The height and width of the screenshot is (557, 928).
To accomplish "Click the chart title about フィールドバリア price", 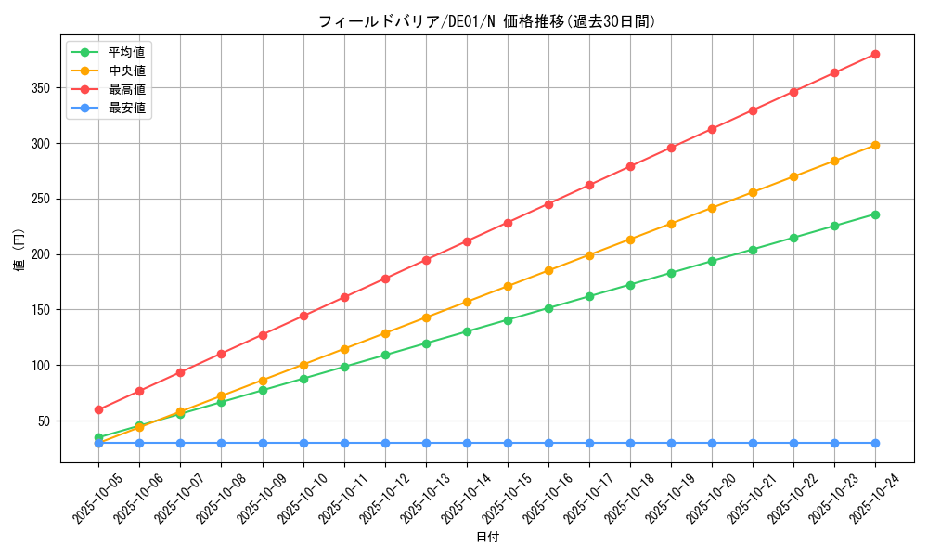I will coord(486,21).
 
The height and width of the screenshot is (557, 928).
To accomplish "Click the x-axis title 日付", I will coord(487,538).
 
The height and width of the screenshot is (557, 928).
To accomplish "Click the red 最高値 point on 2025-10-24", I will coord(875,54).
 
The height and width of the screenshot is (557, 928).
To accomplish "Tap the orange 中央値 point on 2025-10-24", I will coord(875,145).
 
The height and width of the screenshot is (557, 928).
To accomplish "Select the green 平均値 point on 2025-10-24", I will coord(875,214).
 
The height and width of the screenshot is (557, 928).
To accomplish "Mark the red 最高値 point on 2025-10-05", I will coord(98,409).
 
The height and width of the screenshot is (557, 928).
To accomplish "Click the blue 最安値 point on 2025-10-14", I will coord(467,443).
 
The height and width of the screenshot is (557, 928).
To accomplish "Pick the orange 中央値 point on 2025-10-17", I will coord(589,255).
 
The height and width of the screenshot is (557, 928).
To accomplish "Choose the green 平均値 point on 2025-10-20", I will coord(712,261).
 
